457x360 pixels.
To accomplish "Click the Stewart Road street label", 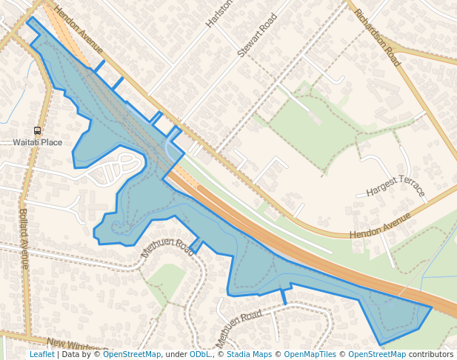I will coord(257,35).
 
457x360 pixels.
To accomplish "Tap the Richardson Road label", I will coord(377,38).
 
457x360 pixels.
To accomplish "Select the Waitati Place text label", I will coord(38,141).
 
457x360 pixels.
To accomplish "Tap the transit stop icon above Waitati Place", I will coord(38,130).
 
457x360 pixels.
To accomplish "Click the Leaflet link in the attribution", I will coord(41,355).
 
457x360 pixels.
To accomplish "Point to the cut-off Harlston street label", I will coord(219,13).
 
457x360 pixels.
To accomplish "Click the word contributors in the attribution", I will coord(431,355).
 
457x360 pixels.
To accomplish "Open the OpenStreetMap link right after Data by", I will coord(132,355).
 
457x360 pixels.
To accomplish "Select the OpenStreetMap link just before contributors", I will coord(377,355).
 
